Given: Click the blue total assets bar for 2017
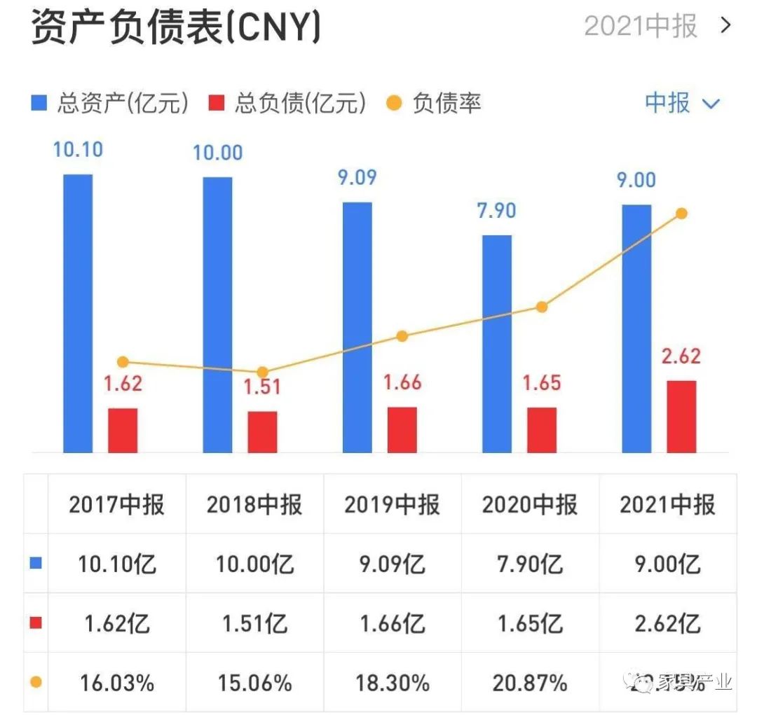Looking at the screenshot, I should pos(78,312).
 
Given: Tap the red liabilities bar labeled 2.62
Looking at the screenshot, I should pos(681,416).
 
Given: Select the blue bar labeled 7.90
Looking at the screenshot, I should pos(497,343).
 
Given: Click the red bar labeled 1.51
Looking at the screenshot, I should pos(262,431).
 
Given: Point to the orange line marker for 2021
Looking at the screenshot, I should pos(681,214).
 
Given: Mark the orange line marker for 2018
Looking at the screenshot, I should pos(262,373).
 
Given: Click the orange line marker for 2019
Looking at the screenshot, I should pos(402,336).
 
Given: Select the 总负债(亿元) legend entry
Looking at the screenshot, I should pos(287,104).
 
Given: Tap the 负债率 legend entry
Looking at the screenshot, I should pos(435,104).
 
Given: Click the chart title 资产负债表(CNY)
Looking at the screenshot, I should pos(176,28).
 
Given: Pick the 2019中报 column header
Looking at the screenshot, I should pos(392,505).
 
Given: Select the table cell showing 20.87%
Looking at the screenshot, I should pos(529,683).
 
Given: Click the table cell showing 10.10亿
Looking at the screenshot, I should pos(117,564).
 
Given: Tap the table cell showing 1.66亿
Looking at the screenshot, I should pos(392,623).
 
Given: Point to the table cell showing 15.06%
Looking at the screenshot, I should pos(254,683).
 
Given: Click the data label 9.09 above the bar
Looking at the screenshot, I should pos(357,177).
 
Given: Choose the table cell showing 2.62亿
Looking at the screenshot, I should pos(667,623).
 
